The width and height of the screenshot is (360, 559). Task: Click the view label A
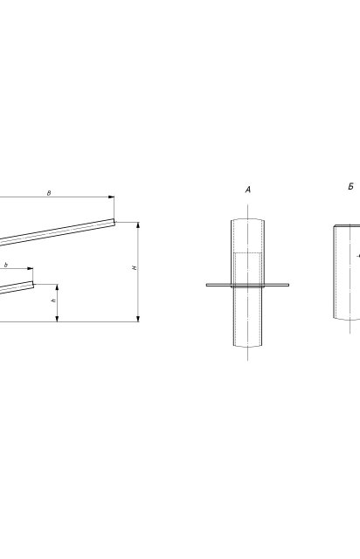click(x=248, y=190)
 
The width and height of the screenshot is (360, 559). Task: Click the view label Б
click(x=351, y=186)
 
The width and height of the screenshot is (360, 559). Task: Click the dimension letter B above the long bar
click(x=49, y=193)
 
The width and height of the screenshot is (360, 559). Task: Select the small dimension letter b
click(x=6, y=266)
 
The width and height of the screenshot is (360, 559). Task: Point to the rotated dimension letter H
click(x=135, y=268)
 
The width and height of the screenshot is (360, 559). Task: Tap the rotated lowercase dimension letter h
click(x=54, y=300)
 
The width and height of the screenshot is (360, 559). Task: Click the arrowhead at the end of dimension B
click(x=111, y=197)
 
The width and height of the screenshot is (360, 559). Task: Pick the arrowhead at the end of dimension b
click(x=30, y=268)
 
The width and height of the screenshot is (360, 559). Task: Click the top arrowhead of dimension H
click(x=138, y=225)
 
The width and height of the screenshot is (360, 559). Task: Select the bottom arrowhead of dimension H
click(x=138, y=319)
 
